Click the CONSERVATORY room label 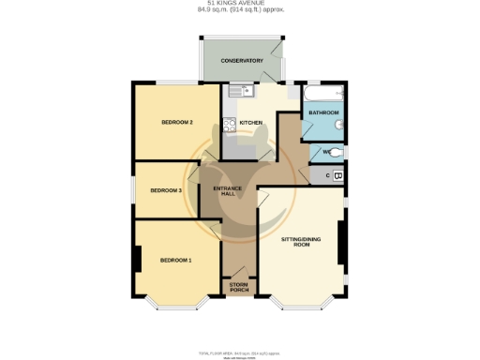coord(241,61)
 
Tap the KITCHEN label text coord(249,123)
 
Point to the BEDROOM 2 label coord(176,123)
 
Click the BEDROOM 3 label coord(166,190)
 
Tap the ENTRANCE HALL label coord(228,194)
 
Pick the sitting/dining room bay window coord(302,305)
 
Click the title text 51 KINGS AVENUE coord(241,5)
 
